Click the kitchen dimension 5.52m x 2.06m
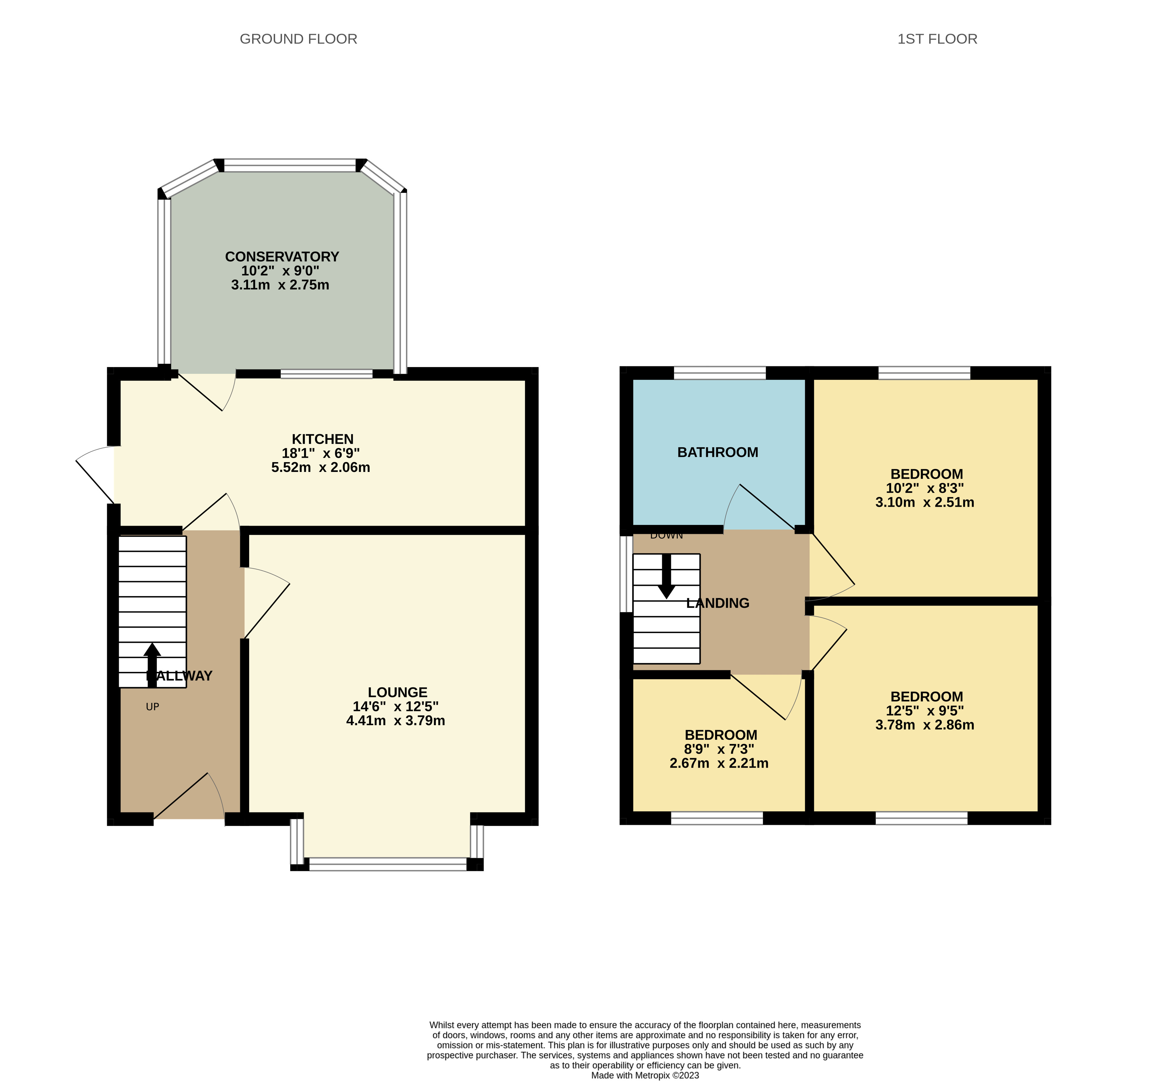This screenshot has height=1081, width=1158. pos(320,467)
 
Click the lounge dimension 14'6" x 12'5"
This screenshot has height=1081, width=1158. pos(396,707)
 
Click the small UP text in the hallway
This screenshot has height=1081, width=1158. pos(152,707)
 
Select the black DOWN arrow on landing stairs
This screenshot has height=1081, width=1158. pos(666,576)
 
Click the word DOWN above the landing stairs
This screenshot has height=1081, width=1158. pos(666,535)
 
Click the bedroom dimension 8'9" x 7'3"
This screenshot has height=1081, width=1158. pos(719,749)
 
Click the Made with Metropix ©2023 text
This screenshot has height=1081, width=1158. pos(645,1075)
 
